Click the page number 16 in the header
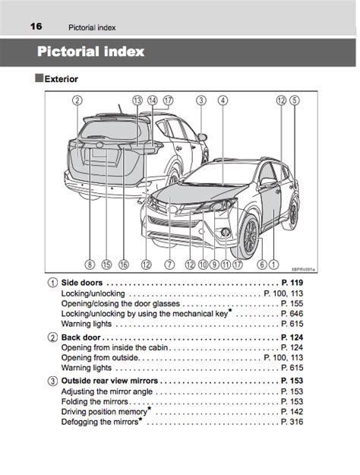(36, 27)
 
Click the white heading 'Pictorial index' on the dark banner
(90, 52)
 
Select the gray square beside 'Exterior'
(39, 78)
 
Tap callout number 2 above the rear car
(77, 100)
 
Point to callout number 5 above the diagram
(295, 100)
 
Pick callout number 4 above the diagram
(223, 100)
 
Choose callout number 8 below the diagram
(90, 264)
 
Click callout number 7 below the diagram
(169, 264)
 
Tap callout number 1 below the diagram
(273, 264)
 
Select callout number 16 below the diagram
(124, 264)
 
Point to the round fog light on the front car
(226, 233)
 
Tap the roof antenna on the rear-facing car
(121, 109)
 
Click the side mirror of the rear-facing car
(202, 137)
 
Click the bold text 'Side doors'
(82, 283)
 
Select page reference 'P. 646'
(292, 314)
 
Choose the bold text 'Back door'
(81, 337)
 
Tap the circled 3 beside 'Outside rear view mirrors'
(52, 381)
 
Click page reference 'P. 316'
(292, 422)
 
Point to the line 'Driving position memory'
(104, 412)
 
